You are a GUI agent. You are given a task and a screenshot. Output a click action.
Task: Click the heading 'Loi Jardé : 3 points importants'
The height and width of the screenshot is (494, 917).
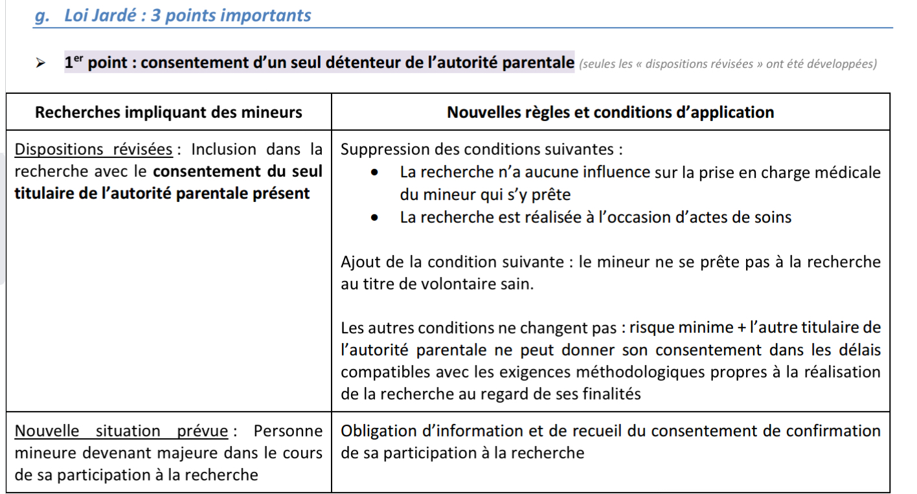coord(187,16)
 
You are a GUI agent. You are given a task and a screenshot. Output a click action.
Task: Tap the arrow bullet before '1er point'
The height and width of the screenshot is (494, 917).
coord(41,63)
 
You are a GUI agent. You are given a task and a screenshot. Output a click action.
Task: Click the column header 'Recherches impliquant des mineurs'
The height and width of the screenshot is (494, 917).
coord(168,112)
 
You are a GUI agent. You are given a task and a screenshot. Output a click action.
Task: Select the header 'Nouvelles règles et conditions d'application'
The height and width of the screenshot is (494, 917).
coord(610,112)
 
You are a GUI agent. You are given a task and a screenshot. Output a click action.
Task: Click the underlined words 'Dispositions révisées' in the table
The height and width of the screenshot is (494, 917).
coord(93,150)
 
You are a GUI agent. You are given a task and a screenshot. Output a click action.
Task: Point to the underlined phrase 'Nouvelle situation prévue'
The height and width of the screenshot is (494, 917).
coord(121,431)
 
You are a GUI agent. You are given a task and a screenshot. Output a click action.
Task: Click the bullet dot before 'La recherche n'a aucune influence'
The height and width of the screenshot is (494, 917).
coord(375,173)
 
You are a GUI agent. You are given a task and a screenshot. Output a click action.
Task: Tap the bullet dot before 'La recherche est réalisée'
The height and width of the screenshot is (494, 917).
coord(375,218)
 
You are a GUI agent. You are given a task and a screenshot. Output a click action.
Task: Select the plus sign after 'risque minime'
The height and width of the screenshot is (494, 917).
coord(740,328)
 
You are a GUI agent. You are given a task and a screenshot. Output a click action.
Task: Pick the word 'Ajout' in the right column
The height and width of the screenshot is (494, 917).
coord(359,262)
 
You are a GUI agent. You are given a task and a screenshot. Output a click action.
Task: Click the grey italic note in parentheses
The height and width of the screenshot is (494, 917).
coord(728,64)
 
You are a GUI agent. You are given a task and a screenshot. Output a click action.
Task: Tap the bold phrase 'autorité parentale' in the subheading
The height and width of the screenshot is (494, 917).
coord(504,63)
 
